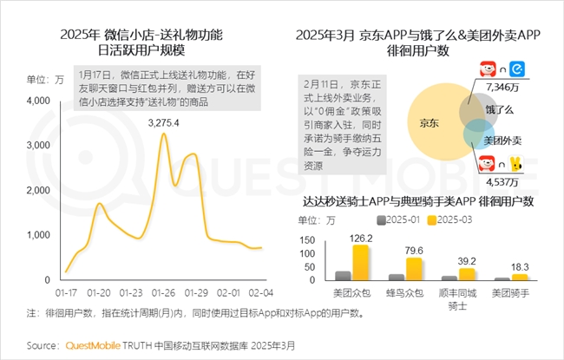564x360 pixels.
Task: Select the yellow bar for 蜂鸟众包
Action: [414, 269]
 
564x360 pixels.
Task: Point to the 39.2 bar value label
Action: [469, 261]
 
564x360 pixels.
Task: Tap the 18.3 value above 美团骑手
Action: [522, 266]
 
